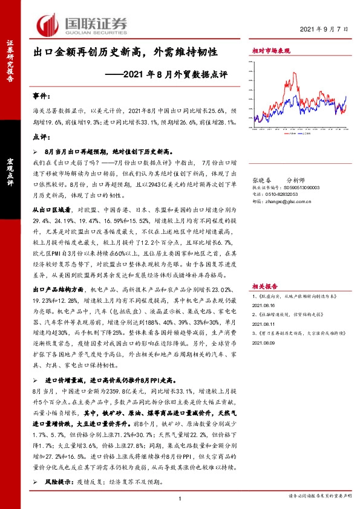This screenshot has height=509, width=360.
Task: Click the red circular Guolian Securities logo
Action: click(47, 24)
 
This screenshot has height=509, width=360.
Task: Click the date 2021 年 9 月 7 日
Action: click(327, 30)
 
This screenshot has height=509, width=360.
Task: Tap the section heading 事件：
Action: click(41, 96)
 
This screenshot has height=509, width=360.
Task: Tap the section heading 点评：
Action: click(41, 137)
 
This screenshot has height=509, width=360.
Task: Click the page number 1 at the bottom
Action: click(180, 497)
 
